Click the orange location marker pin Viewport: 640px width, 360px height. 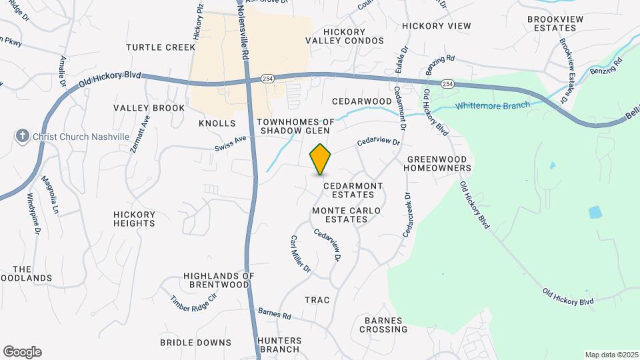320,159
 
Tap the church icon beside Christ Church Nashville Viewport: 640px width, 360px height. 22,137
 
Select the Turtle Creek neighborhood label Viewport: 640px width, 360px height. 161,47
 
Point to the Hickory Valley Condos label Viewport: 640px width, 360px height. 345,36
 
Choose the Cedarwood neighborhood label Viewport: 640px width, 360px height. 361,101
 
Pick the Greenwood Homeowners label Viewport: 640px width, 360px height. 439,164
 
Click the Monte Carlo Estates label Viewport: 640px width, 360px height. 347,215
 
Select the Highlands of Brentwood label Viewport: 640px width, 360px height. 219,280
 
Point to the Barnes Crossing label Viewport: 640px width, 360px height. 383,325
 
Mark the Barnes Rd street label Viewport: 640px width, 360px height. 274,313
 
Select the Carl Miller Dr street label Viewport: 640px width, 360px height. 300,254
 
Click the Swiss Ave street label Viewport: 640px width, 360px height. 231,143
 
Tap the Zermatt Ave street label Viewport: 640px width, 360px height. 141,134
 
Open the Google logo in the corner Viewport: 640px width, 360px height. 22,352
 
